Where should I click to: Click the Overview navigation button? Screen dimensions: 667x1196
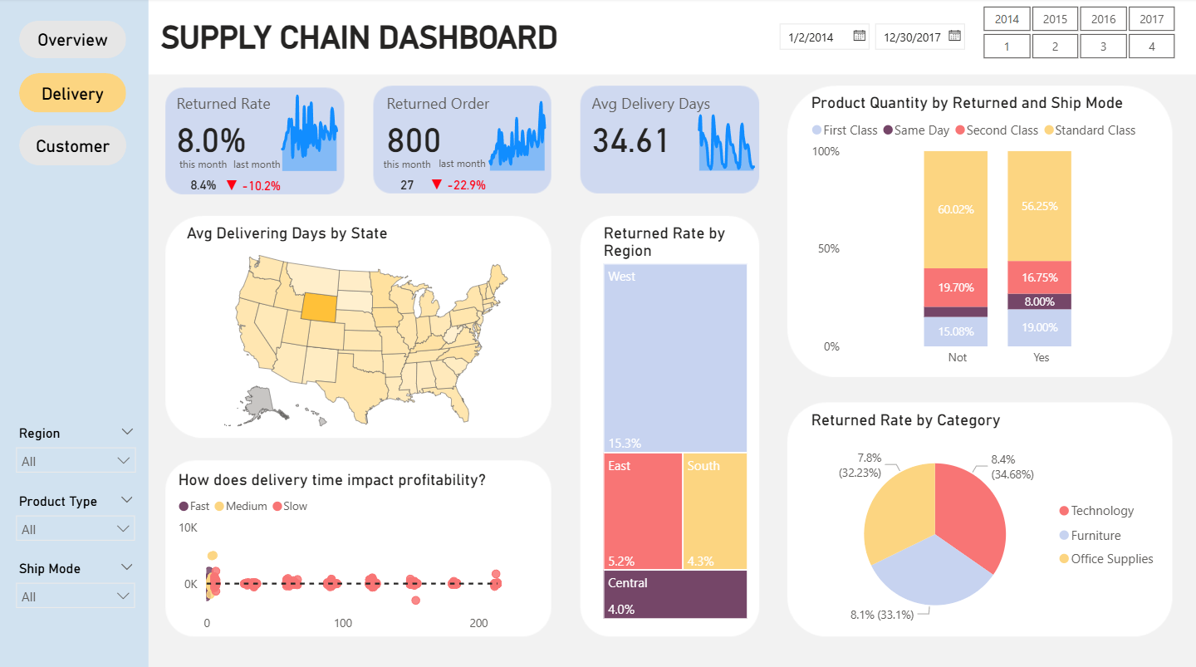coord(72,40)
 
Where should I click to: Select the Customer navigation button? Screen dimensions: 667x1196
coord(72,146)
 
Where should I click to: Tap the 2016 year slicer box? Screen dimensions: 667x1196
coord(1103,19)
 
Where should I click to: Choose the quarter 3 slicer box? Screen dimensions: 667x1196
coord(1103,47)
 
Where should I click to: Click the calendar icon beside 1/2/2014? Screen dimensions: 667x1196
coord(860,36)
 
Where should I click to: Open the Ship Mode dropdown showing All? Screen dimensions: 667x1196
coord(76,596)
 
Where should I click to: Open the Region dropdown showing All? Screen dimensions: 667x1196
coord(76,461)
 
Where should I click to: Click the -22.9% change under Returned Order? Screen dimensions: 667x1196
coord(466,185)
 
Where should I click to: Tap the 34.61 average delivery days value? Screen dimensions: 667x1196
coord(631,140)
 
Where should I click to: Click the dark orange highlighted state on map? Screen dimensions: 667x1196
coord(319,307)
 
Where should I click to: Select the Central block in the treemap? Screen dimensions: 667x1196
coord(674,594)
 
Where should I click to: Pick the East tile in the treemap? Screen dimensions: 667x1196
coord(642,511)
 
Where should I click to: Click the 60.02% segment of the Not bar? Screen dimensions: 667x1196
coord(955,209)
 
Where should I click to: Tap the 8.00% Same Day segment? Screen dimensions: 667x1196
coord(1039,302)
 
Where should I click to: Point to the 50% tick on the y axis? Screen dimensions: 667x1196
coord(830,249)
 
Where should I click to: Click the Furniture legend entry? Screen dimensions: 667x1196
coord(1095,536)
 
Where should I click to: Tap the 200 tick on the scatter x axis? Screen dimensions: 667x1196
coord(478,623)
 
